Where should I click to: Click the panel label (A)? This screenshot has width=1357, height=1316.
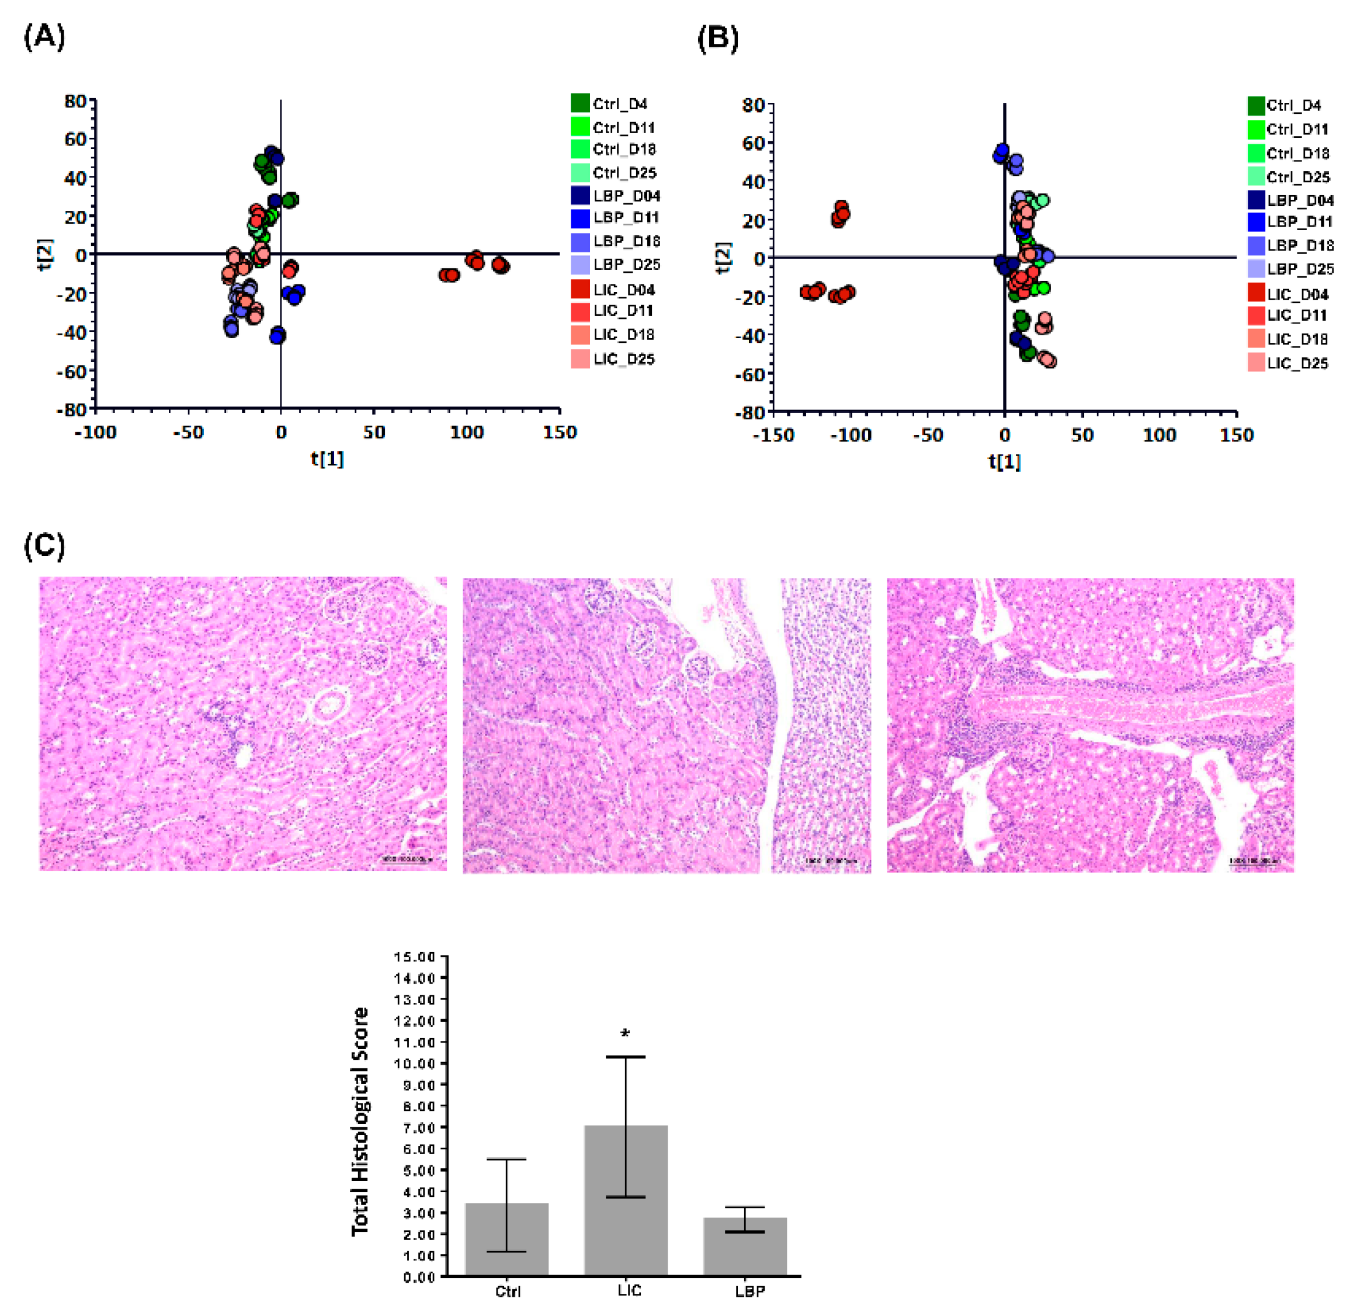pos(44,36)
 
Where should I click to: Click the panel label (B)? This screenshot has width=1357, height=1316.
pos(717,38)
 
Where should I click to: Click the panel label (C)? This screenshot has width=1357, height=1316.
pos(44,546)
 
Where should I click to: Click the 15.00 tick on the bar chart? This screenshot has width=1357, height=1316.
pos(414,957)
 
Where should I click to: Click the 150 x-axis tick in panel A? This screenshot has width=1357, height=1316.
pos(560,433)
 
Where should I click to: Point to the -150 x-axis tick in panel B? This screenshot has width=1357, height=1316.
pos(773,435)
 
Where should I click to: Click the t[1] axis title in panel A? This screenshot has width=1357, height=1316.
pos(327,459)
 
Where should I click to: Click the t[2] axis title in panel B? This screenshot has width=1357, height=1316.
pos(723,258)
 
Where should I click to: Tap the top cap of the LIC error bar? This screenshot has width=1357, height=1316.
pos(625,1057)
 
